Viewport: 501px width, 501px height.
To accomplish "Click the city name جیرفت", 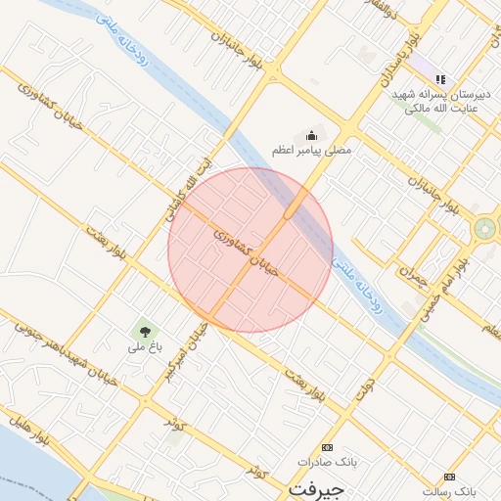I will [313, 486].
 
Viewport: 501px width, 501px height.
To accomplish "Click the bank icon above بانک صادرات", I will [327, 446].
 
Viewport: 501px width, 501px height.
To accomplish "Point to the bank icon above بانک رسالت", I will [449, 476].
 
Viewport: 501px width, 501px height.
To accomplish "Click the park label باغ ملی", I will [144, 347].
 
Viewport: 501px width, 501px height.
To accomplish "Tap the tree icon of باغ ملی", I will [145, 332].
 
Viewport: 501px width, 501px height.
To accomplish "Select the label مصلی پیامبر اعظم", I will [314, 151].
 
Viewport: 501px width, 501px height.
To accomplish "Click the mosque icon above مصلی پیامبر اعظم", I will [312, 135].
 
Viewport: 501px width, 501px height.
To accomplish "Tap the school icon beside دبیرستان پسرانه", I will [440, 79].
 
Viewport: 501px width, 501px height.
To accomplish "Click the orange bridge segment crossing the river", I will [292, 209].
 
